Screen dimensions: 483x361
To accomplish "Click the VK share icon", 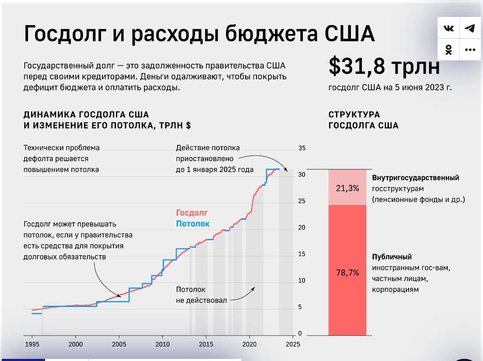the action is pyautogui.click(x=449, y=28).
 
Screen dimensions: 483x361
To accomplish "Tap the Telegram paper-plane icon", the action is pyautogui.click(x=470, y=28).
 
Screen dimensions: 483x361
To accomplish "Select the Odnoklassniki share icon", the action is pyautogui.click(x=449, y=50).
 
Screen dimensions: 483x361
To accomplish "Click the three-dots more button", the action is pyautogui.click(x=470, y=50).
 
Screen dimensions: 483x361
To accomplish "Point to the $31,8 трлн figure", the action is pyautogui.click(x=384, y=66).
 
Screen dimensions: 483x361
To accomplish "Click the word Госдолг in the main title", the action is pyautogui.click(x=65, y=34).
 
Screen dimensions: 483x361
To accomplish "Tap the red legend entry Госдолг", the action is pyautogui.click(x=192, y=213).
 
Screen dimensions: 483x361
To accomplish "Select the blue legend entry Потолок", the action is pyautogui.click(x=192, y=224).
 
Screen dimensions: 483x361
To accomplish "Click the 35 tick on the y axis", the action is pyautogui.click(x=302, y=148).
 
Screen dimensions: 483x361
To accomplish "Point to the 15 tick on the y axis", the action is pyautogui.click(x=302, y=254).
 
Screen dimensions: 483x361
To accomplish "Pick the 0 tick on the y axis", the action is pyautogui.click(x=300, y=333).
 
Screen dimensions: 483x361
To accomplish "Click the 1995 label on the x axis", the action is pyautogui.click(x=32, y=344).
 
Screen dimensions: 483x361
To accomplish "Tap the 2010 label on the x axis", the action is pyautogui.click(x=162, y=344).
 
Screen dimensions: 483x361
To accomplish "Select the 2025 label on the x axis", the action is pyautogui.click(x=293, y=344).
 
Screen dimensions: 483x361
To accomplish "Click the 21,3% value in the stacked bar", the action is pyautogui.click(x=347, y=188).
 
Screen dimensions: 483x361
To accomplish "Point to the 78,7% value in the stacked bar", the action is pyautogui.click(x=347, y=273).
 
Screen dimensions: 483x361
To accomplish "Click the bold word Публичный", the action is pyautogui.click(x=392, y=257).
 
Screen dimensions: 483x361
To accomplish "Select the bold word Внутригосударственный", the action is pyautogui.click(x=415, y=178).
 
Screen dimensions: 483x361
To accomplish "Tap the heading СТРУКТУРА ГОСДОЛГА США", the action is pyautogui.click(x=364, y=120).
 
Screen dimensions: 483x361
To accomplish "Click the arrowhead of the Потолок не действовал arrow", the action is pyautogui.click(x=254, y=288).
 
